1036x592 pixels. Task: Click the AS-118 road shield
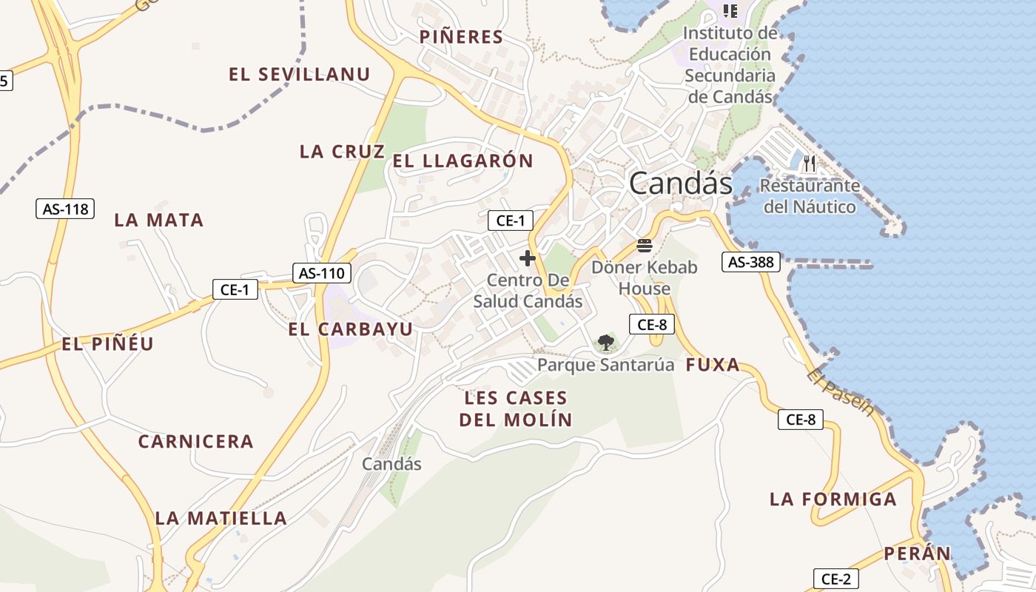(65, 209)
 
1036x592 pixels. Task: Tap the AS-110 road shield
(321, 273)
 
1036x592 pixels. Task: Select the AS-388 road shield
(751, 261)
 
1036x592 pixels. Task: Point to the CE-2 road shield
(836, 579)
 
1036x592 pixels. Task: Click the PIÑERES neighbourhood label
(461, 37)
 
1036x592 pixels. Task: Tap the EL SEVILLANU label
(299, 74)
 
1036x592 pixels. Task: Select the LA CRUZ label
(342, 152)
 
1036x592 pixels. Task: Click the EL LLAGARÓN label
(462, 161)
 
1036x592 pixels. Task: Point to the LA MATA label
(158, 220)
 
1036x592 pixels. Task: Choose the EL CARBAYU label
(351, 329)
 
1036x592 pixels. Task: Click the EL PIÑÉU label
(107, 344)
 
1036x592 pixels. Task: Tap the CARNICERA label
(196, 442)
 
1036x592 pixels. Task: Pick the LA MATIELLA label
(221, 518)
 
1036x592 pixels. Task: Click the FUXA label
(713, 365)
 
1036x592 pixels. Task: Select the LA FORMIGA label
(833, 499)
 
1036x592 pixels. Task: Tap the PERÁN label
(917, 554)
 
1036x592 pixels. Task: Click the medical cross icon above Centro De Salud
(527, 258)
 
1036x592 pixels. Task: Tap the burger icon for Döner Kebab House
(644, 246)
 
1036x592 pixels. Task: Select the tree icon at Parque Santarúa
(606, 342)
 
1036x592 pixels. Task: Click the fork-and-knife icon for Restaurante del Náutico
(810, 163)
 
